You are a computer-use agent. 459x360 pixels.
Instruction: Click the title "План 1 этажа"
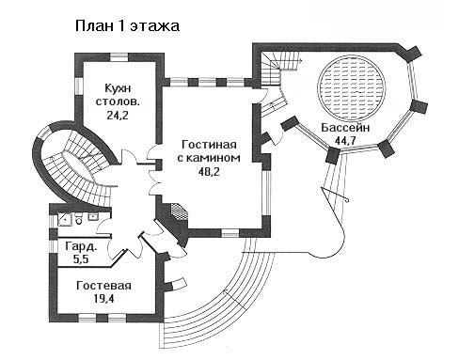pyautogui.click(x=127, y=26)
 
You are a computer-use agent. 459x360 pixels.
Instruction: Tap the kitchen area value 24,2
pyautogui.click(x=118, y=116)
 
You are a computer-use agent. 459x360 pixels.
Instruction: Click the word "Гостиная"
pyautogui.click(x=209, y=145)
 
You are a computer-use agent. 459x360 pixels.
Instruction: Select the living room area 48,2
pyautogui.click(x=209, y=171)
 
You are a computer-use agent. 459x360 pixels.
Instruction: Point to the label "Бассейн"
pyautogui.click(x=345, y=128)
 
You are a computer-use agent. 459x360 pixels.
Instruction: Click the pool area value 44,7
pyautogui.click(x=345, y=140)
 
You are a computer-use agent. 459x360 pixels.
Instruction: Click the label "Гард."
pyautogui.click(x=81, y=246)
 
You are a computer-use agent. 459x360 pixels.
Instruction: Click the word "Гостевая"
pyautogui.click(x=103, y=286)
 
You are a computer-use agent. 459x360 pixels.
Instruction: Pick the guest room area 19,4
pyautogui.click(x=103, y=299)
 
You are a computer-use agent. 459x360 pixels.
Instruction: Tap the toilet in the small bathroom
pyautogui.click(x=79, y=219)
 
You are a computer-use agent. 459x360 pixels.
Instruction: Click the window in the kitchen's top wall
pyautogui.click(x=119, y=57)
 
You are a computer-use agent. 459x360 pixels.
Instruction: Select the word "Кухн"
pyautogui.click(x=118, y=88)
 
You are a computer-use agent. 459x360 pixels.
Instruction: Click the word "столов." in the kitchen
pyautogui.click(x=118, y=102)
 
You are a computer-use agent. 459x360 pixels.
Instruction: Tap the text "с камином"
pyautogui.click(x=209, y=158)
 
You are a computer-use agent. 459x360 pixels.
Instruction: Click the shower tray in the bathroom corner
pyautogui.click(x=65, y=219)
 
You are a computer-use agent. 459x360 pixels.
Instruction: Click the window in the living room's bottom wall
pyautogui.click(x=230, y=233)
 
